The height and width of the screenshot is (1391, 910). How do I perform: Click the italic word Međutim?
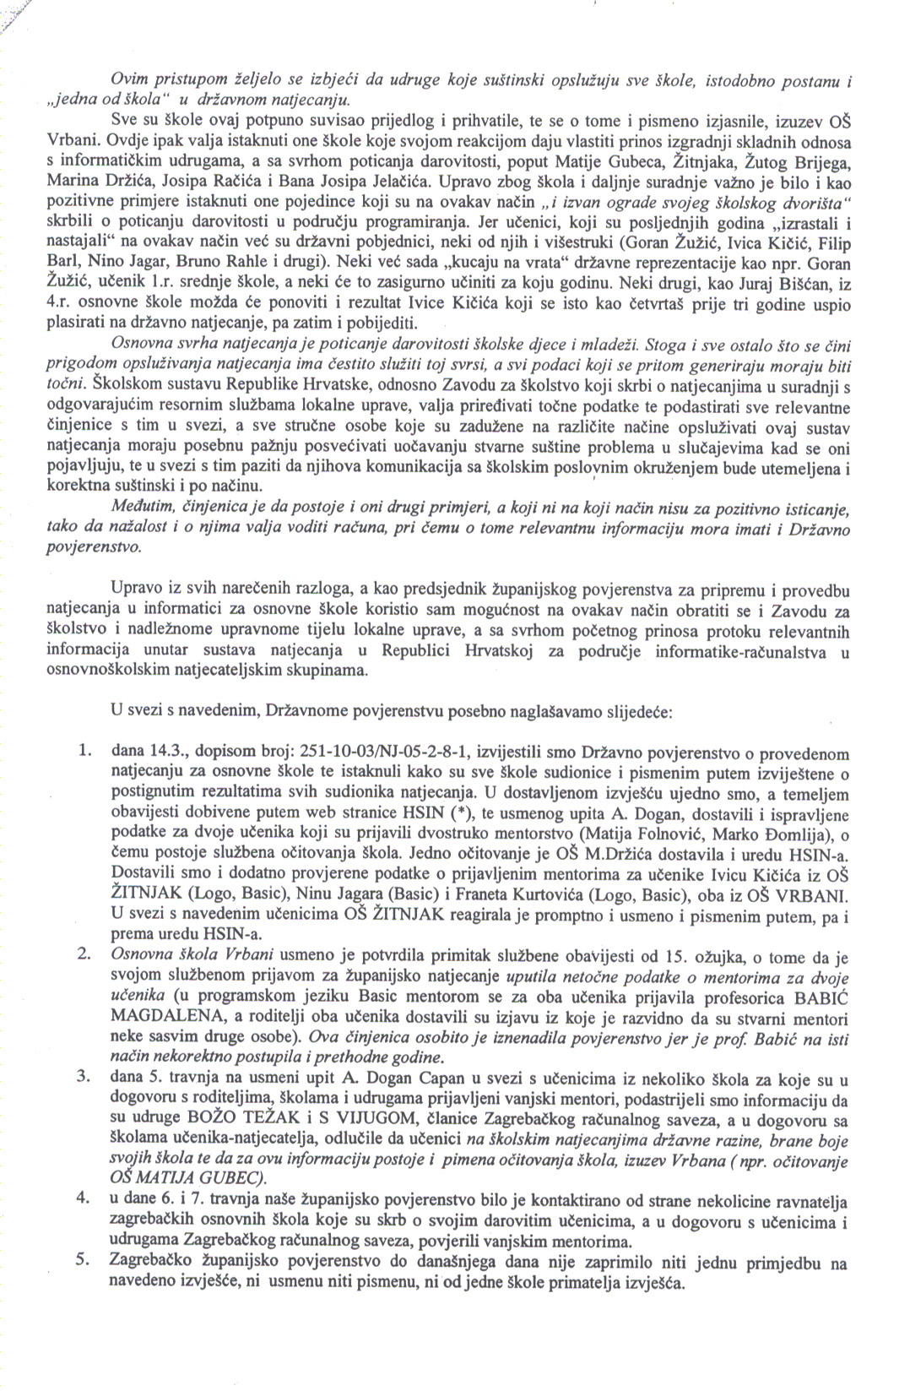coord(142,508)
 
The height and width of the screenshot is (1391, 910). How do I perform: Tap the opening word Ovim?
coord(127,80)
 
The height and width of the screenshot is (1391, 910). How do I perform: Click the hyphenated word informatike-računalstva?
coord(750,651)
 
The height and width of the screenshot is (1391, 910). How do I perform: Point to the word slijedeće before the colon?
coord(631,711)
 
